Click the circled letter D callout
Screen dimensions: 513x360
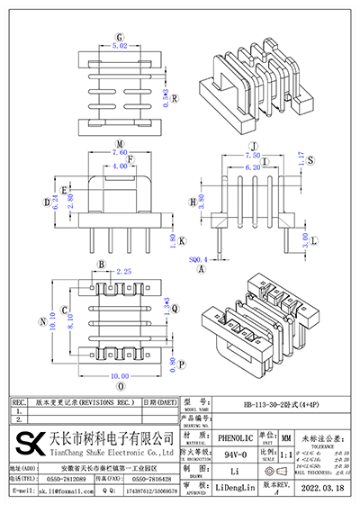(x=47, y=202)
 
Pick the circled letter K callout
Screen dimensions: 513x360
(x=182, y=241)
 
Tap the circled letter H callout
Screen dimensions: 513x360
(x=193, y=202)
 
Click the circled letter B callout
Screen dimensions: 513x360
(x=102, y=265)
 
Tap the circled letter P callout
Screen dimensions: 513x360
(x=182, y=365)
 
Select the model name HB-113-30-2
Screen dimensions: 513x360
(x=267, y=404)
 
